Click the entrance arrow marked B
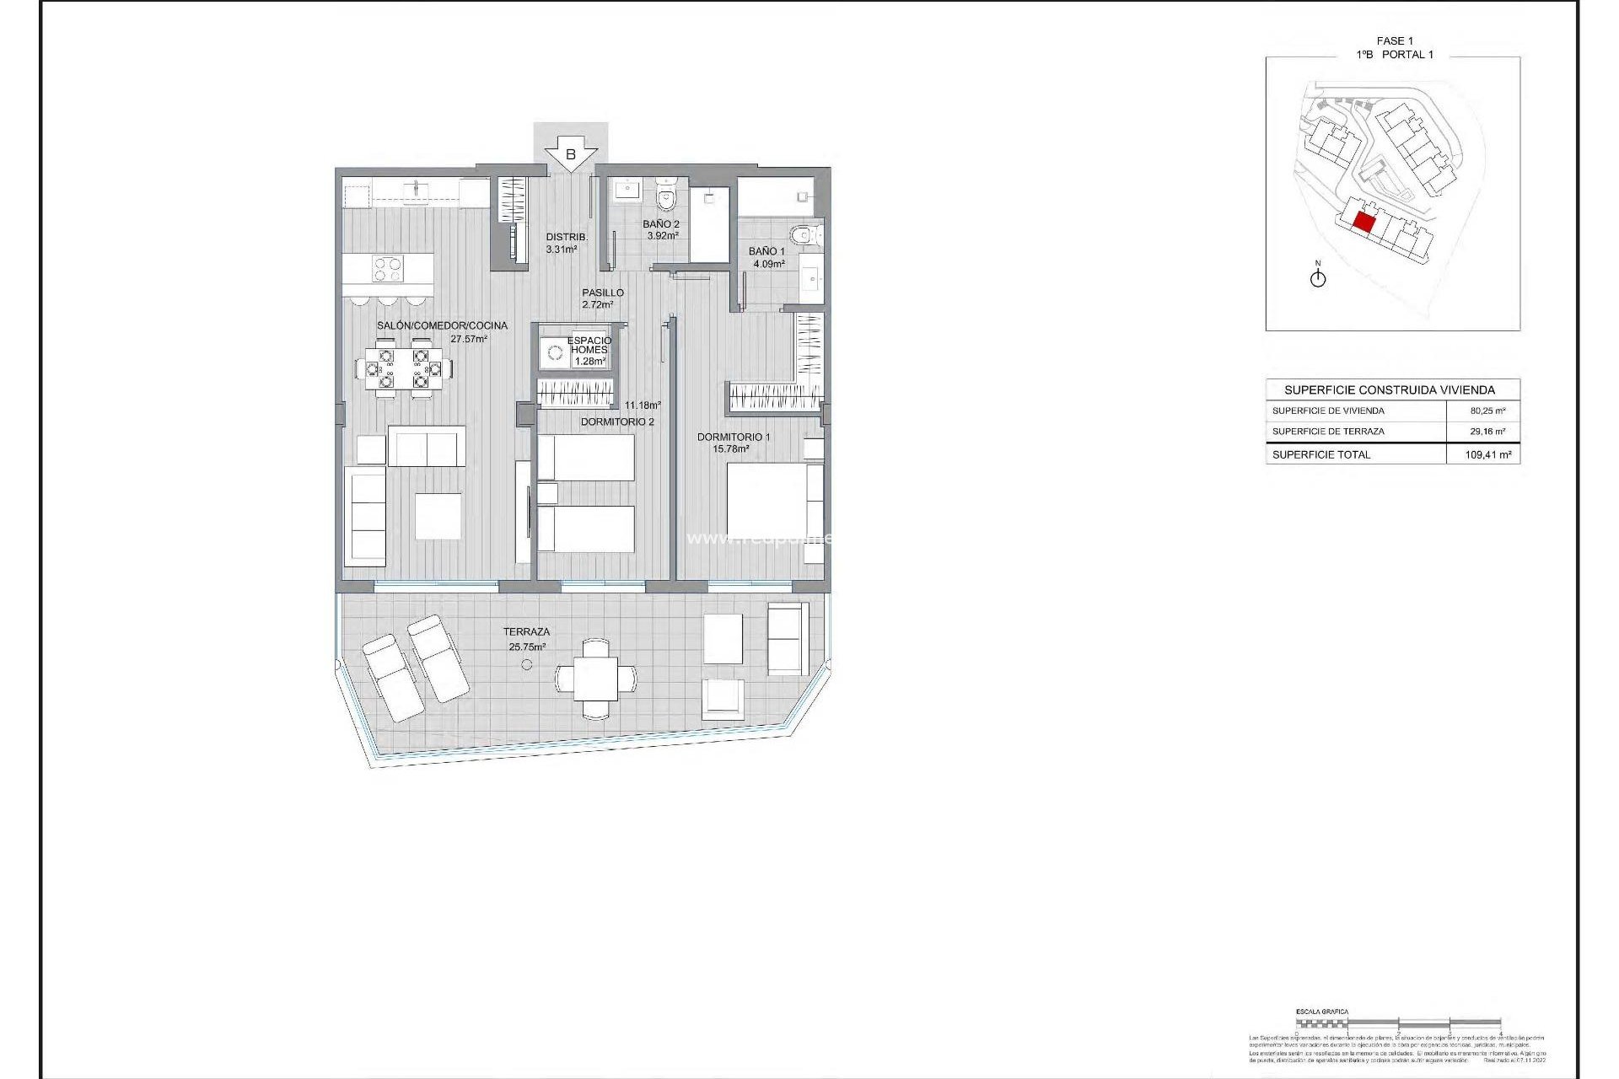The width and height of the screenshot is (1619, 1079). point(571,154)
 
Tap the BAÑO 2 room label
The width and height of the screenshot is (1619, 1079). point(660,224)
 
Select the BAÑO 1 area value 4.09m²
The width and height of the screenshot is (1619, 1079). point(768,264)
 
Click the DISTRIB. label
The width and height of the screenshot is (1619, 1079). point(567,237)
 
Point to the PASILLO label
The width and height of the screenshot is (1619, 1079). point(602,293)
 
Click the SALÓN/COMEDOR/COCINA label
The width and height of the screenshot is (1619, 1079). point(442,325)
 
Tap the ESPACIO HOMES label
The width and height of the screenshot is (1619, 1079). point(589,345)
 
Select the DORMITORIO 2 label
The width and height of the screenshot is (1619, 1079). point(616,421)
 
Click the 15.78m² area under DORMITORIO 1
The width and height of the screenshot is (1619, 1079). point(730,449)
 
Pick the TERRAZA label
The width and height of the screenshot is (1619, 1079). point(526,631)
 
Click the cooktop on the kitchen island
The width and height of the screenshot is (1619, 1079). point(388,269)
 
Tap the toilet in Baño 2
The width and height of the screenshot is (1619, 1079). point(666,198)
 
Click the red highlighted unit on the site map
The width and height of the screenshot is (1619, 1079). point(1364,223)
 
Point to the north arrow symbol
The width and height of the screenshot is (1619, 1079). point(1318,277)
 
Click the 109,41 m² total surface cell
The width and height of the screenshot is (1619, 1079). point(1487,454)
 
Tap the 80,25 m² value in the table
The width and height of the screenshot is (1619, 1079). point(1487,411)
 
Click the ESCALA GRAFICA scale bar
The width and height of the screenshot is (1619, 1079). point(1398,1023)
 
